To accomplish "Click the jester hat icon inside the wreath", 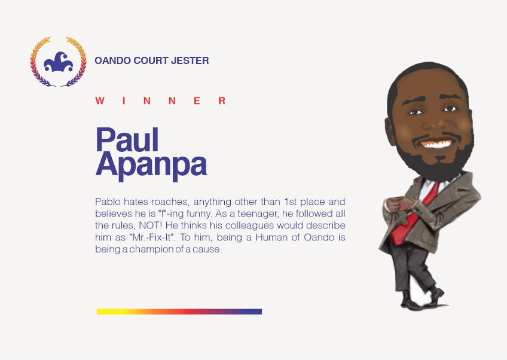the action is click(59, 62).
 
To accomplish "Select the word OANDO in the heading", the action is click(112, 60).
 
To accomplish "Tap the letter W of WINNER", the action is click(100, 101).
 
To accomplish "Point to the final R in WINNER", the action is click(222, 101).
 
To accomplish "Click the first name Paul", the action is click(127, 139).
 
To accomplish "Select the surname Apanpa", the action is click(151, 166).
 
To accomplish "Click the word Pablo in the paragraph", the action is click(108, 202).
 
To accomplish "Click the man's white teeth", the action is click(436, 144).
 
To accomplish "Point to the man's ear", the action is click(390, 132).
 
